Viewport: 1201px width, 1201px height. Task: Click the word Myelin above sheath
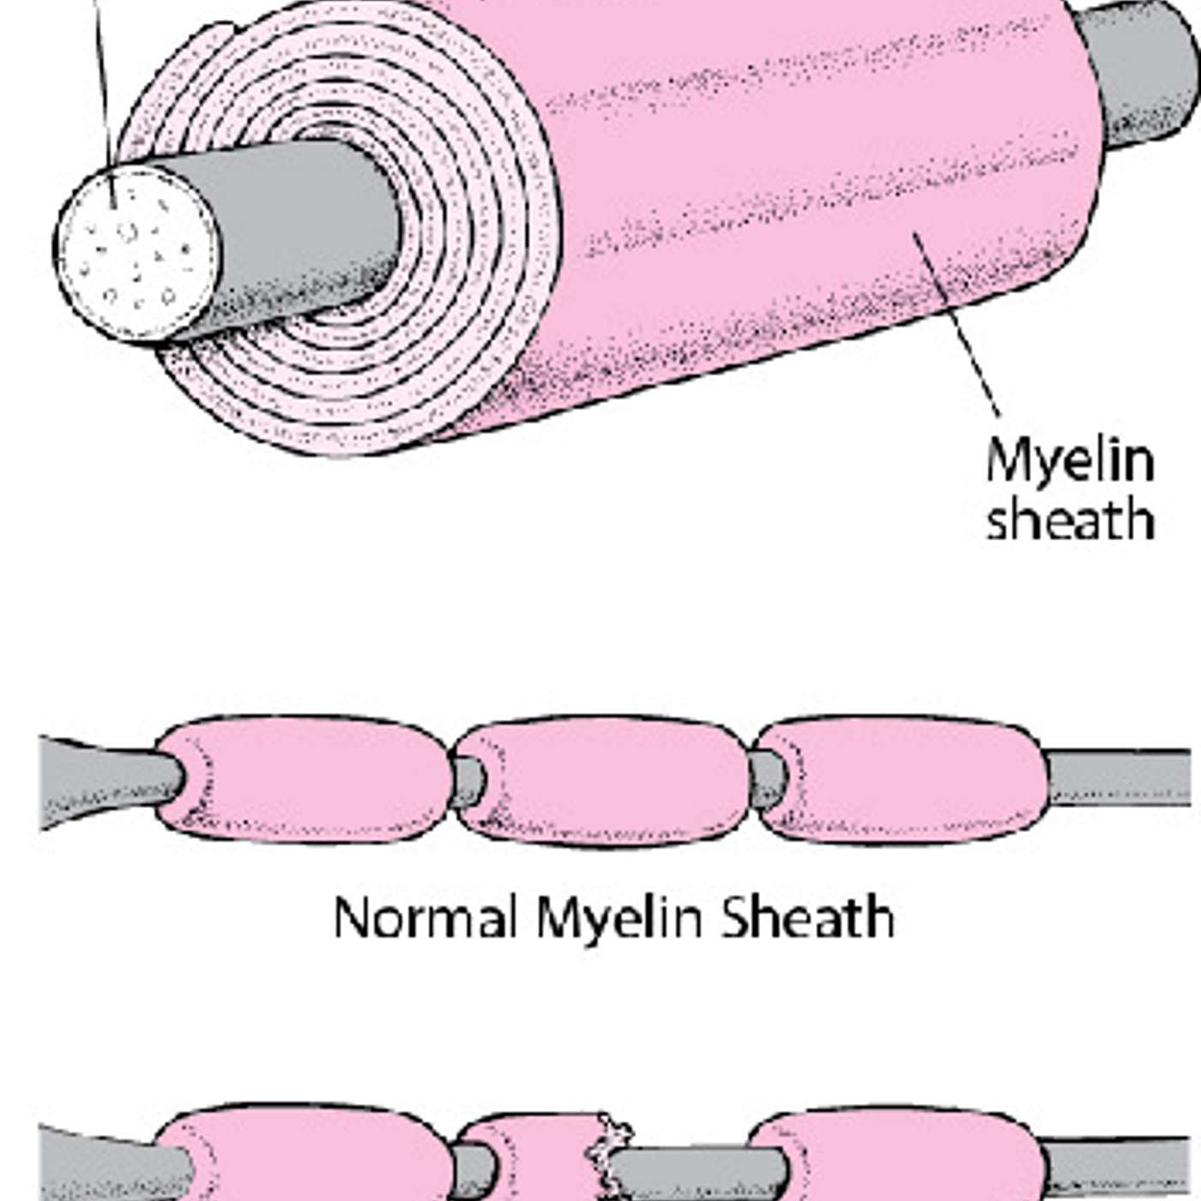[1069, 462]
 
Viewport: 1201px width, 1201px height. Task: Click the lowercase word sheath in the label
[1069, 520]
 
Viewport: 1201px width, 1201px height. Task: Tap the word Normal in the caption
[424, 918]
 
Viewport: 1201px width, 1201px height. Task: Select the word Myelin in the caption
[619, 918]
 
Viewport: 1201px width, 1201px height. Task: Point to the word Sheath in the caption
[807, 918]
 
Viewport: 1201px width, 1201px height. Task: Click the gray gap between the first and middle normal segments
[468, 781]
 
